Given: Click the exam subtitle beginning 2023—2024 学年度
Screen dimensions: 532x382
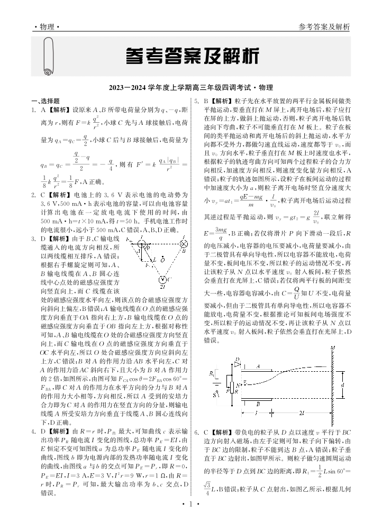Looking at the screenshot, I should (x=191, y=88).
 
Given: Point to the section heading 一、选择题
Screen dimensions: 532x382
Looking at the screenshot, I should (x=44, y=100).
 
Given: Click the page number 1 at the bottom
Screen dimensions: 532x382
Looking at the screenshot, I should (x=190, y=519).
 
